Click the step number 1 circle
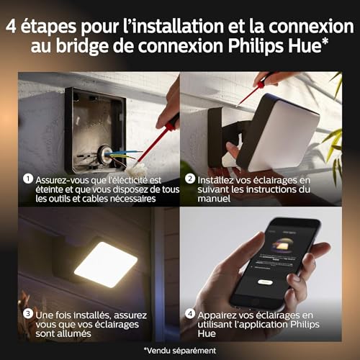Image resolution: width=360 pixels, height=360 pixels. pyautogui.click(x=26, y=178)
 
